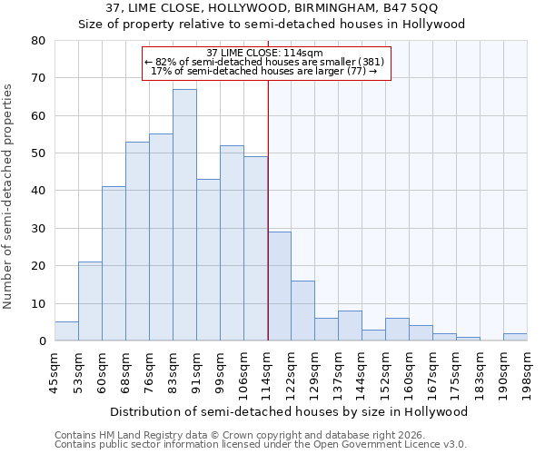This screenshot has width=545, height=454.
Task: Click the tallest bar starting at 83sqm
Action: click(x=184, y=215)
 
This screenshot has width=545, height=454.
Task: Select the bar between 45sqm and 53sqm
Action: click(x=66, y=331)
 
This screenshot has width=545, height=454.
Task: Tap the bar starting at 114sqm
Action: click(x=279, y=286)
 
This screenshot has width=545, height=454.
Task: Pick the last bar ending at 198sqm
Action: click(x=515, y=337)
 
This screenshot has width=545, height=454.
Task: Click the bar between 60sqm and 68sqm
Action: click(x=114, y=263)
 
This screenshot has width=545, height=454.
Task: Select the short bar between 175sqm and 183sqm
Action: click(x=468, y=339)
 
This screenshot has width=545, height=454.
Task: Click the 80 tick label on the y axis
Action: click(x=38, y=41)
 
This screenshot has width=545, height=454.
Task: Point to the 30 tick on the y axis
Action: click(x=38, y=229)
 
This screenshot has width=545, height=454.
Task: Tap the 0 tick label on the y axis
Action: click(x=42, y=341)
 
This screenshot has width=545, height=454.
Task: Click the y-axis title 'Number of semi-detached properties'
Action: click(x=9, y=195)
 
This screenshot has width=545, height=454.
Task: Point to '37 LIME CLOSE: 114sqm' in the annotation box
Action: click(x=265, y=53)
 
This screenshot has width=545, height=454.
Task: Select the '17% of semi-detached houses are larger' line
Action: click(x=263, y=71)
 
